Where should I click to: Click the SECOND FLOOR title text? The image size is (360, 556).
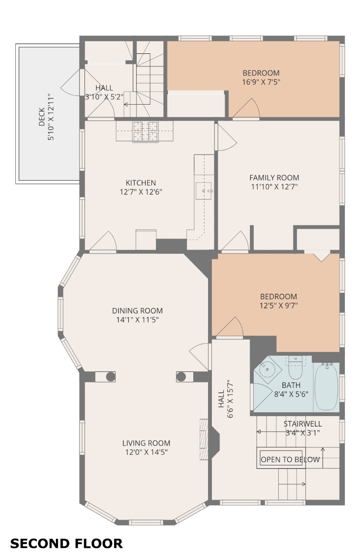66,543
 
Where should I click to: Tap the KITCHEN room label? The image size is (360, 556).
141,183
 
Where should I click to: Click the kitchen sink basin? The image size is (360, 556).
204,191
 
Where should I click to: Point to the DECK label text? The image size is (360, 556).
42,117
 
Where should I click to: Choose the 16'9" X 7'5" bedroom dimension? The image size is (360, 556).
261,82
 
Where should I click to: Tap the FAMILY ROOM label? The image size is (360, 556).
274,178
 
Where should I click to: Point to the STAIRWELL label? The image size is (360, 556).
302,424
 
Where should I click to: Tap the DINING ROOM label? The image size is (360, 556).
138,311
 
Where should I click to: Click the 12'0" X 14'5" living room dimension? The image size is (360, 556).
146,452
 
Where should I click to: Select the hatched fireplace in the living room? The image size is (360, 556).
204,439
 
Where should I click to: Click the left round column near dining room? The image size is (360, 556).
110,377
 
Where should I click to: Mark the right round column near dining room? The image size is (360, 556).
181,377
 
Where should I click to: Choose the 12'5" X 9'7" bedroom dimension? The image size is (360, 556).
278,305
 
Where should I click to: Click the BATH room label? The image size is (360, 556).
291,385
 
